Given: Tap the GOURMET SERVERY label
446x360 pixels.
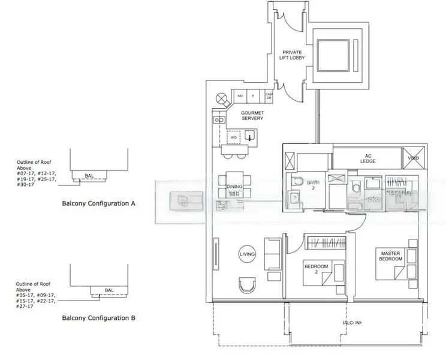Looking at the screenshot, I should [252, 115].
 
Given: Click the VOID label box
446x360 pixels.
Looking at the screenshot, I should [414, 158].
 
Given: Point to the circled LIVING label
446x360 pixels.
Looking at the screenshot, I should [247, 254].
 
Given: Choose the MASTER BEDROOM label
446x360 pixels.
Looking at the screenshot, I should [391, 256].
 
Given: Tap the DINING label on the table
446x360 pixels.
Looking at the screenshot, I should [234, 187].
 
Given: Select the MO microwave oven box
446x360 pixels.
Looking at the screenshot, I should [240, 97].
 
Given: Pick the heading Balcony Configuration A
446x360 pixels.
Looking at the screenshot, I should [99, 203].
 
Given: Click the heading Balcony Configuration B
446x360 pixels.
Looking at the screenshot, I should [99, 317].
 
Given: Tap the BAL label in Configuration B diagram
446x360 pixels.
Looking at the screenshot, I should [109, 290].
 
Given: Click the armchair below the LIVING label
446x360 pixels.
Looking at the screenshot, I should [246, 284].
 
